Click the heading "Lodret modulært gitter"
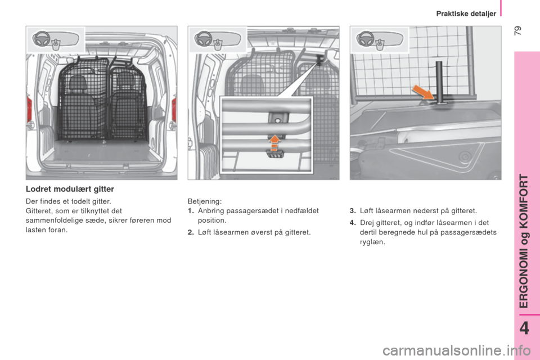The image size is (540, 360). [x=70, y=189]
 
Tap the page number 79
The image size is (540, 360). [x=518, y=31]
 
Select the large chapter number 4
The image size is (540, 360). [x=524, y=328]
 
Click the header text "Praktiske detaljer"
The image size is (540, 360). [x=466, y=13]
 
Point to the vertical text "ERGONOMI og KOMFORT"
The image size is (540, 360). [x=524, y=241]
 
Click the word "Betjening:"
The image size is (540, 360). [x=205, y=201]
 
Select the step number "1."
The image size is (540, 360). [x=191, y=210]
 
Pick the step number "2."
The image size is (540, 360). [x=191, y=232]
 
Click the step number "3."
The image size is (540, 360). [x=353, y=210]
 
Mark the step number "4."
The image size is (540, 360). [x=353, y=223]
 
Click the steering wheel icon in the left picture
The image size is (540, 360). [x=41, y=39]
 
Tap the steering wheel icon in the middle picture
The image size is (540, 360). [x=203, y=39]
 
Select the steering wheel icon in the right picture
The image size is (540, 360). [x=365, y=39]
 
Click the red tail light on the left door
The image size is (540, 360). [x=30, y=109]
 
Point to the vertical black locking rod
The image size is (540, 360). [x=439, y=82]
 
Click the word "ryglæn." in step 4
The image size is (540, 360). [x=372, y=242]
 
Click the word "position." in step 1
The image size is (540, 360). [x=212, y=220]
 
